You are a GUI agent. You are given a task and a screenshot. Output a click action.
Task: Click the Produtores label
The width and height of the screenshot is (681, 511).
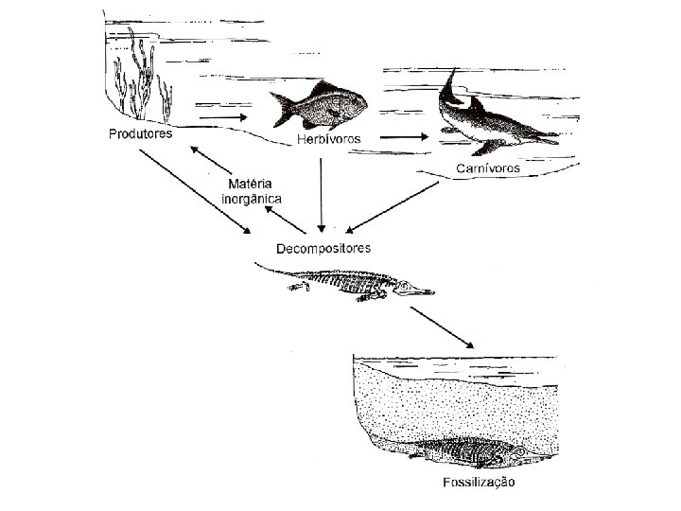(138, 134)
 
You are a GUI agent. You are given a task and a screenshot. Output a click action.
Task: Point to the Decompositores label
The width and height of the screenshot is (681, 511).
(323, 248)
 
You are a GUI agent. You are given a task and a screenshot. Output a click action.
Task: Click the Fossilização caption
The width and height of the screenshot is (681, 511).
(479, 483)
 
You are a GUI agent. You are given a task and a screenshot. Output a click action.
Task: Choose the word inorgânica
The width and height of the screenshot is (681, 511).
(251, 199)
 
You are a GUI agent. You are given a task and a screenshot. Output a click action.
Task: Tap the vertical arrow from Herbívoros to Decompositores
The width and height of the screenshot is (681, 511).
(323, 194)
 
